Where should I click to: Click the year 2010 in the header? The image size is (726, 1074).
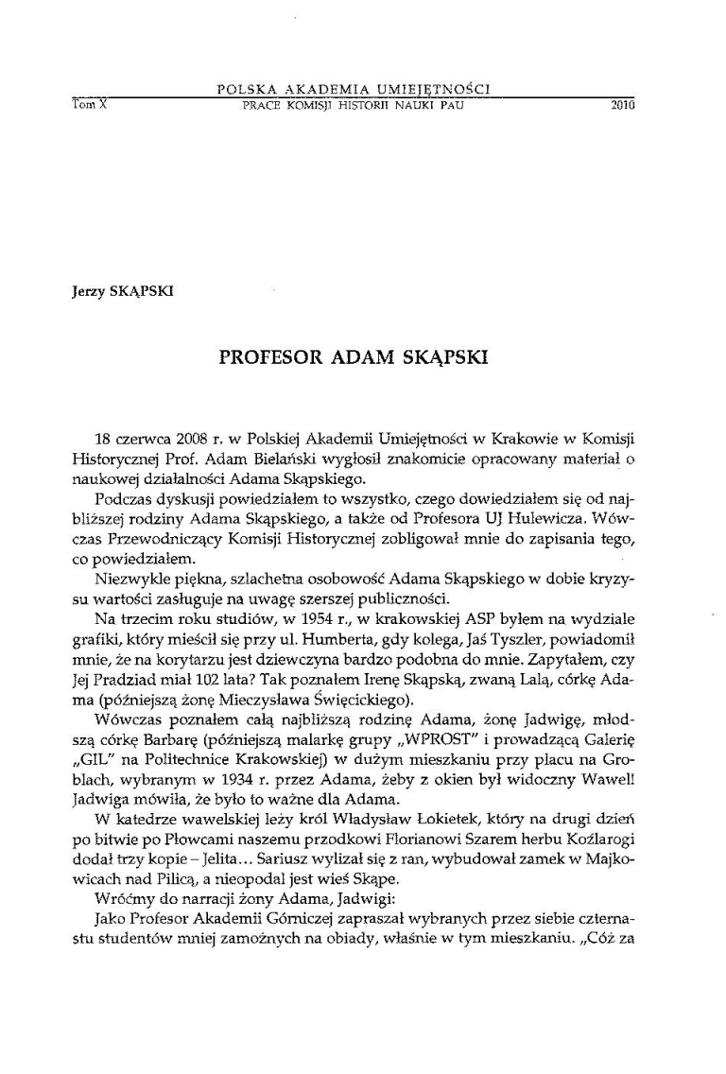click(620, 106)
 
